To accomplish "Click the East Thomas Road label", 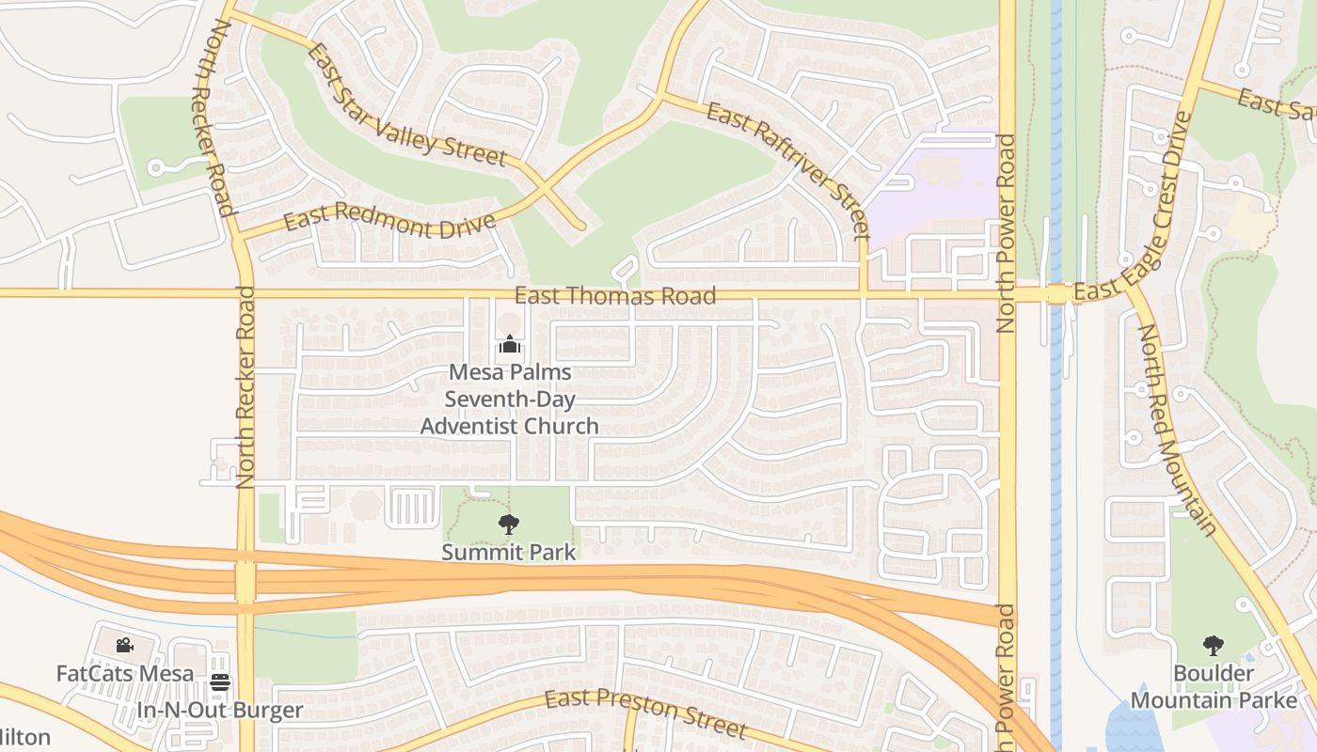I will [615, 296].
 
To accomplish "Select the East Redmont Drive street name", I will [389, 223].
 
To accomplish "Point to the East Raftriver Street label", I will [788, 169].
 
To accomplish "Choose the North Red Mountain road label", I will [1177, 429].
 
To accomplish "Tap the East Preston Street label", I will [646, 713].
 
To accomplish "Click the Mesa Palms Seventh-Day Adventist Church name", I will [509, 399].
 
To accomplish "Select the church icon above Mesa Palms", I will [509, 345].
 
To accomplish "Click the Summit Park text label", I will [509, 552].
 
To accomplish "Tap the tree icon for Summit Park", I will [509, 524].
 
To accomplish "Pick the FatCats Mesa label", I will [125, 673].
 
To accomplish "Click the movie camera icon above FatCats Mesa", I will [124, 646].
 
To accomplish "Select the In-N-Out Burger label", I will [220, 711].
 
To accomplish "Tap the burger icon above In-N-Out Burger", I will [220, 683].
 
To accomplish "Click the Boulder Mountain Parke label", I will [1214, 687].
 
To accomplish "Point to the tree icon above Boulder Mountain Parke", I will [1214, 646].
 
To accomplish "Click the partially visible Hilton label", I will [24, 737].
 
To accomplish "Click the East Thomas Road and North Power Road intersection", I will [1008, 294].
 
